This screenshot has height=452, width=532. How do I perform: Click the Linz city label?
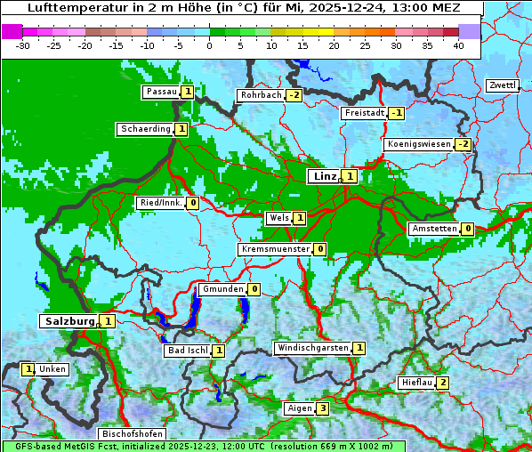pos(324,176)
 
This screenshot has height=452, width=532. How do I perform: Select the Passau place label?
pos(161,92)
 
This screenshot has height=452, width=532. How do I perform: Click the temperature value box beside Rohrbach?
pos(294,95)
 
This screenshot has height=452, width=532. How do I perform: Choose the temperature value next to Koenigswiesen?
pos(463,144)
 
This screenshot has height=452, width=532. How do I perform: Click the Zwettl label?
pos(502,85)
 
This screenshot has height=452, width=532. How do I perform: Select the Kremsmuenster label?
pos(275,249)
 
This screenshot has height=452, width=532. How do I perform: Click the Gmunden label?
pos(222,289)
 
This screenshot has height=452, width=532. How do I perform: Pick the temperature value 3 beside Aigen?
pos(323,408)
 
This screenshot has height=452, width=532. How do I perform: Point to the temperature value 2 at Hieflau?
pos(442,383)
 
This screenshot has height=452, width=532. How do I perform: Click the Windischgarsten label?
pos(311,348)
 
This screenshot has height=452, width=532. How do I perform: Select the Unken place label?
pos(52,369)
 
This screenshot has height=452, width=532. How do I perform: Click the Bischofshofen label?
pos(132,434)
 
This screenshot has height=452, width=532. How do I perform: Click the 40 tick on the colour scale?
pos(458,44)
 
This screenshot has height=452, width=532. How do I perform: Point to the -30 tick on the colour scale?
pos(23,44)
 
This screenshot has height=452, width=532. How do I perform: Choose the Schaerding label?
pos(145,129)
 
